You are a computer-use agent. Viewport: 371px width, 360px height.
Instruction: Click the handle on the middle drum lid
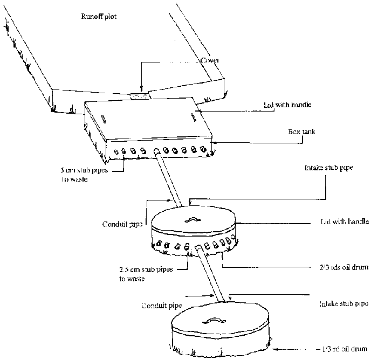(191, 220)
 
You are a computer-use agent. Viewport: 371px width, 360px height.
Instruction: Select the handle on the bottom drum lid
(213, 321)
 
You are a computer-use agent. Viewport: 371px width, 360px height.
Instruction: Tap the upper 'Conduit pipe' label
(122, 224)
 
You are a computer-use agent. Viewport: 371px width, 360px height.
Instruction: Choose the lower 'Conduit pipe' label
(162, 305)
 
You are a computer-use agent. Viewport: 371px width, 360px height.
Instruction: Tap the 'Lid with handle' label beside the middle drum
(340, 223)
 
